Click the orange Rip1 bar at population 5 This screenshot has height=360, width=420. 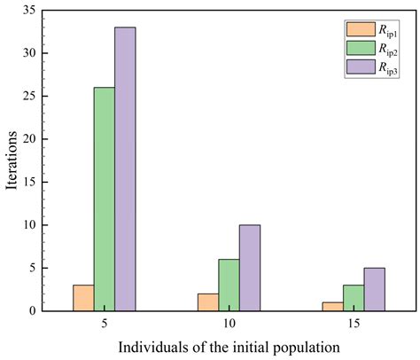tap(83, 298)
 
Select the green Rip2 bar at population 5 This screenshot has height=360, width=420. tap(104, 199)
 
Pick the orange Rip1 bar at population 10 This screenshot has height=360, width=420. tap(207, 302)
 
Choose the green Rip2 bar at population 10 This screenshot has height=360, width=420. tap(229, 285)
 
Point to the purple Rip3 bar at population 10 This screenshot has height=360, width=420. tap(249, 268)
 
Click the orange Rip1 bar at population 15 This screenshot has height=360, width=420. tap(332, 306)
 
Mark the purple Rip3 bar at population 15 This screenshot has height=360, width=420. tap(373, 289)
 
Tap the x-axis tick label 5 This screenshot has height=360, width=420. tap(105, 325)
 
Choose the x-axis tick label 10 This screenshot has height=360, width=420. tap(229, 325)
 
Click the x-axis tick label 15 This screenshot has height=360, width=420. tap(353, 325)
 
